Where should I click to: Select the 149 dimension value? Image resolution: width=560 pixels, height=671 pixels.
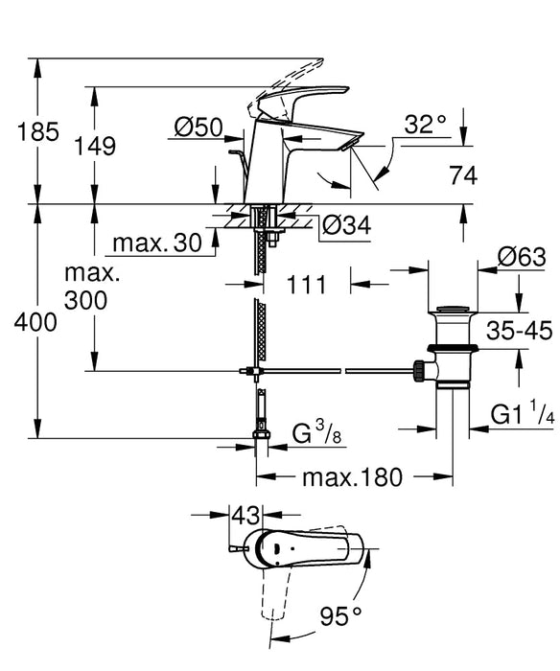pos(95,147)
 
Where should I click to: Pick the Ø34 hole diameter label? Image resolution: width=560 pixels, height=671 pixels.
pos(345,226)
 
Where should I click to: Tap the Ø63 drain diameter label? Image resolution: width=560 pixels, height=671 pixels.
pos(522,256)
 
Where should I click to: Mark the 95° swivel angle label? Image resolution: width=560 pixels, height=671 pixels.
pos(342,613)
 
